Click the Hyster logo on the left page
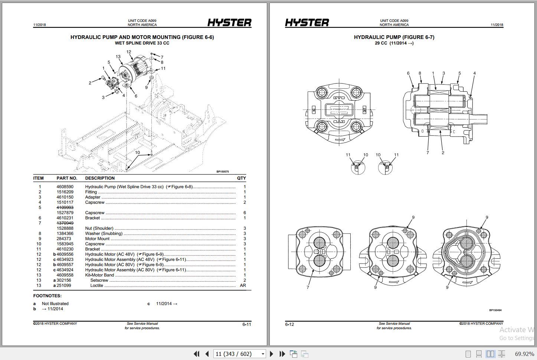pos(229,23)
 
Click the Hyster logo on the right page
pos(307,23)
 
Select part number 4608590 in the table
pos(65,187)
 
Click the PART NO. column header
pos(67,178)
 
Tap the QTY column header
pos(241,178)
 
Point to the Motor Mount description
pos(97,239)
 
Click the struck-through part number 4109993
pos(65,208)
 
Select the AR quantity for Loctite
pos(243,286)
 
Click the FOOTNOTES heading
pos(48,296)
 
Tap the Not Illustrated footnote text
pos(55,304)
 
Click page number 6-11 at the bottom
pos(247,324)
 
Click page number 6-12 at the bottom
pos(289,324)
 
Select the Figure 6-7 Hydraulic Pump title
pos(394,37)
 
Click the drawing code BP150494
pos(495,310)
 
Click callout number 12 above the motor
pos(129,52)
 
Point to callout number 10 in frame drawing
pos(137,153)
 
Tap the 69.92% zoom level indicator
pos(524,354)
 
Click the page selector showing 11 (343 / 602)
pos(240,354)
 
